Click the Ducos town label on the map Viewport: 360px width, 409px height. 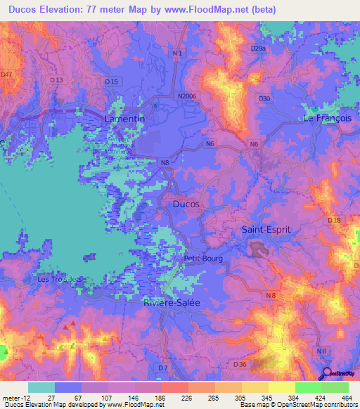pos(186,204)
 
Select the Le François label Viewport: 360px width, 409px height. pos(326,118)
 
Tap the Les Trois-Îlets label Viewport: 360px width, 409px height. pos(60,278)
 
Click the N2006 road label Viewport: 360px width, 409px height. pos(189,96)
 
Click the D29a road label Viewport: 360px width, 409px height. pos(259,48)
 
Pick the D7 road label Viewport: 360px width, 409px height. pos(163,368)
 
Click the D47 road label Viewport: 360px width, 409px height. pos(7,74)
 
